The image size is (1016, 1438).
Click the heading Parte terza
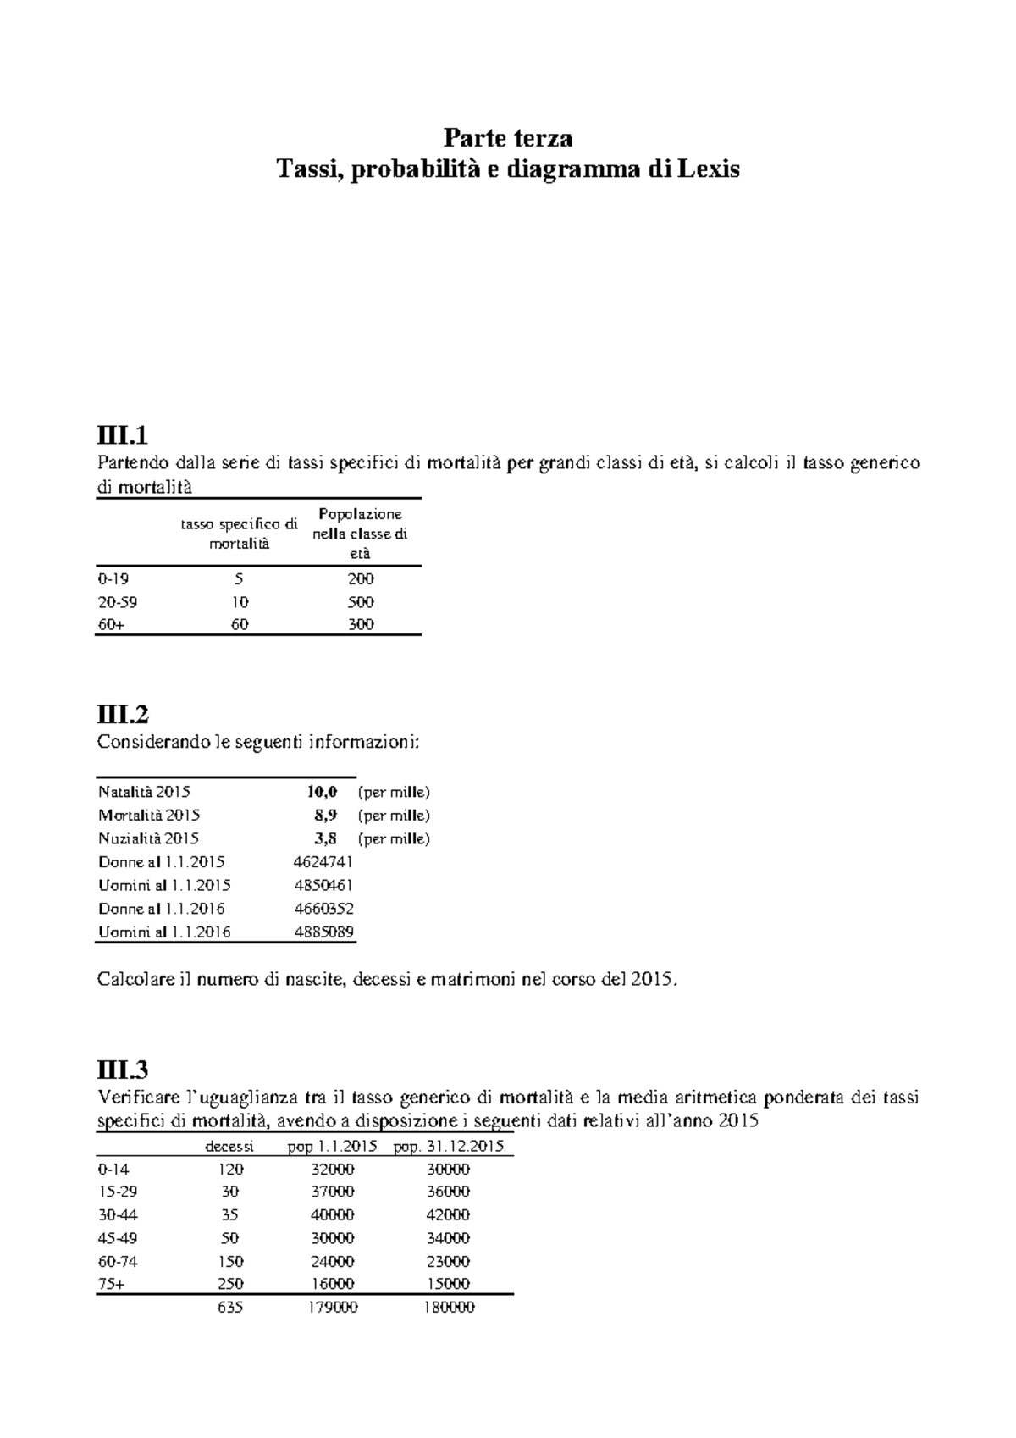point(508,137)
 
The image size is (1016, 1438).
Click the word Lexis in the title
point(709,169)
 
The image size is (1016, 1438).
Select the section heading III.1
point(123,436)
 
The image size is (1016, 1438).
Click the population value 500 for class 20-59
point(361,602)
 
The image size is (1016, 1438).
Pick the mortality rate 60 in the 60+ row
point(239,625)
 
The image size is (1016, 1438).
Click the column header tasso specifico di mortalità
point(239,534)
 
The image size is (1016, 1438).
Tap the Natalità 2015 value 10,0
point(322,792)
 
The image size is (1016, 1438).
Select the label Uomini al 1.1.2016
point(164,932)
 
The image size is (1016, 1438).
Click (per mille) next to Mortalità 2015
point(394,816)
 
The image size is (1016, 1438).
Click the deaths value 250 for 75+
point(230,1284)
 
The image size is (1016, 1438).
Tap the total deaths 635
point(230,1308)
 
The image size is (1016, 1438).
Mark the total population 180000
point(449,1308)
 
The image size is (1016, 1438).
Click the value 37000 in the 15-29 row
point(331,1192)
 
